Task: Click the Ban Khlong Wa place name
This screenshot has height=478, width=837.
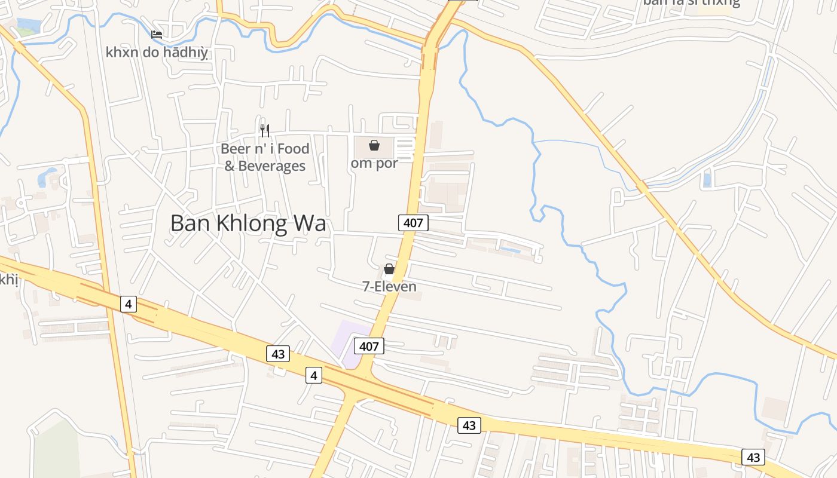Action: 248,223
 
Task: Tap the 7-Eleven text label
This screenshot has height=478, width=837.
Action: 389,287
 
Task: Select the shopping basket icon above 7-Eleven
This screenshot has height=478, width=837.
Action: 389,269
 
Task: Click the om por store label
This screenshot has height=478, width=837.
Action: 374,163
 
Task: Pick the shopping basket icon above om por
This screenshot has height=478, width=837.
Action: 374,145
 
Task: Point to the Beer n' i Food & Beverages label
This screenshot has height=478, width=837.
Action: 265,157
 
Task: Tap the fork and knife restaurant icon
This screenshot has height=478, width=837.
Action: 265,130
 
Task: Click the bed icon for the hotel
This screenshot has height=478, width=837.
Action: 157,35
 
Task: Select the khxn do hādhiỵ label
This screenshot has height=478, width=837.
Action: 157,53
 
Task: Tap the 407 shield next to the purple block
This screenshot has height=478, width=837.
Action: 369,345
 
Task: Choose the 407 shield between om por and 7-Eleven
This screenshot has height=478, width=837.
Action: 413,223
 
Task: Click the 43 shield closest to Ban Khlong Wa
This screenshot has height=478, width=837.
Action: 278,354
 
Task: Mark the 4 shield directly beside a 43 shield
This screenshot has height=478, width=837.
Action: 314,375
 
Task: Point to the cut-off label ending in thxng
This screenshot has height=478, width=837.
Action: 691,2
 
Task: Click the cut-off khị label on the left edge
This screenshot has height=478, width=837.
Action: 8,279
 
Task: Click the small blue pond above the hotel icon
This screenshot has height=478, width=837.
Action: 29,26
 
